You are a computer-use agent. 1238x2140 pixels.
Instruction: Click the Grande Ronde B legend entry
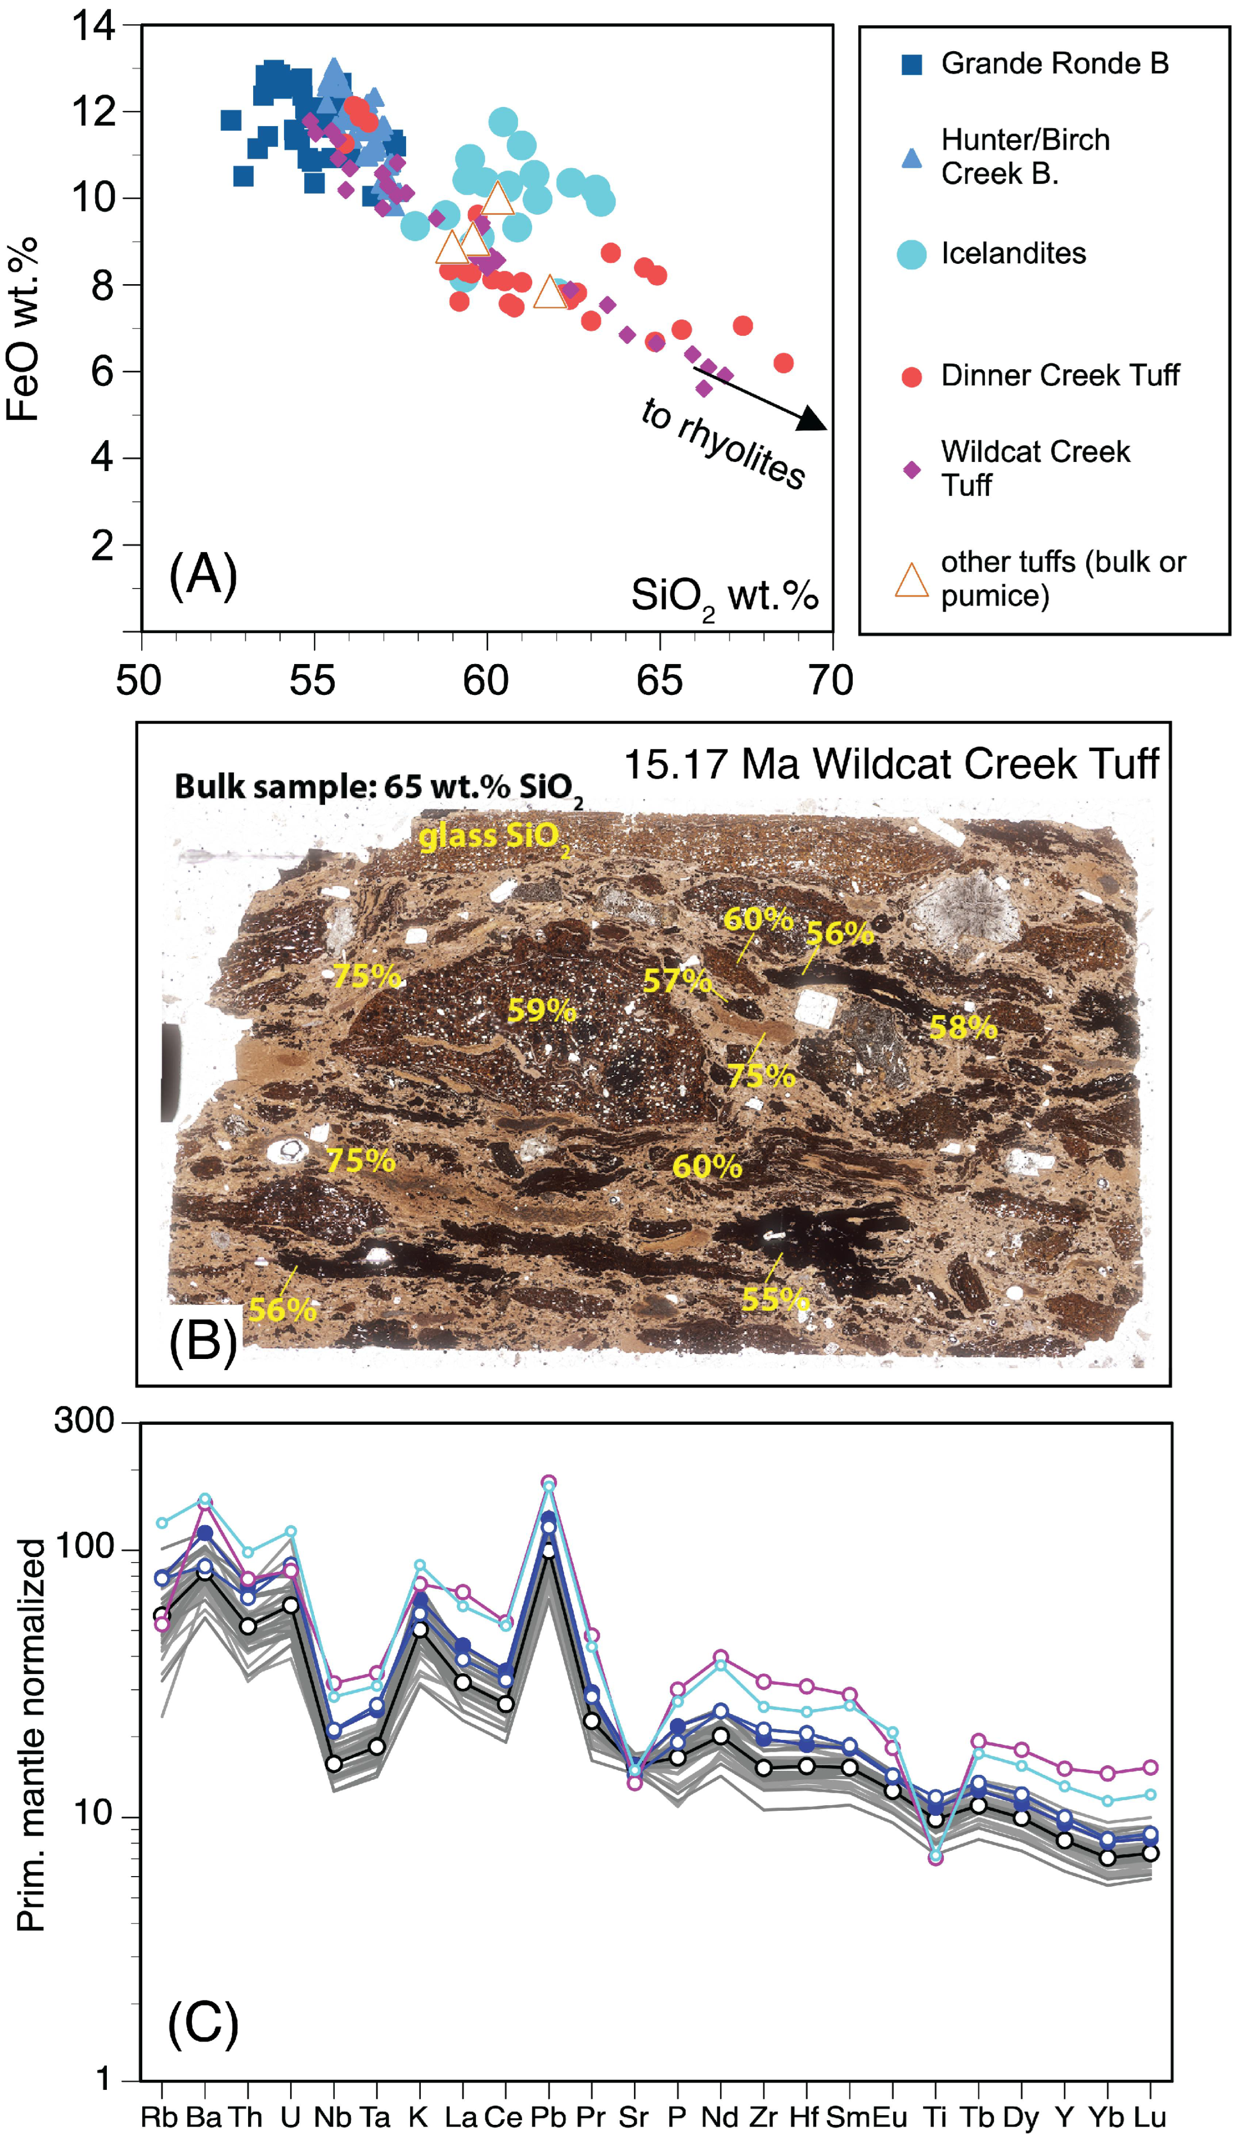(1053, 64)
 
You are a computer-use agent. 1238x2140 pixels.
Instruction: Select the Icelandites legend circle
(911, 254)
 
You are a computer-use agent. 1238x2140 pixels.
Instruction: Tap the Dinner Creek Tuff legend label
(1060, 375)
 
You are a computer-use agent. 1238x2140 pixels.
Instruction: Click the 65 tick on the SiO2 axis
(659, 681)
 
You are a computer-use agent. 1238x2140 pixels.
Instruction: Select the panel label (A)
(203, 576)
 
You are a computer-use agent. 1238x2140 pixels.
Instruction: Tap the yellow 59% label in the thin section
(541, 1011)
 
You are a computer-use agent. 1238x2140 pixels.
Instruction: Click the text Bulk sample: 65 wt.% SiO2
(379, 788)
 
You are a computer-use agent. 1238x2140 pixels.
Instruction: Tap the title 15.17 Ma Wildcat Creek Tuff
(891, 764)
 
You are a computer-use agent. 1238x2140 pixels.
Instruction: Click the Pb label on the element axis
(548, 2117)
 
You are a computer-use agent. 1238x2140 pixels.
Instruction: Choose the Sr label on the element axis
(633, 2117)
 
